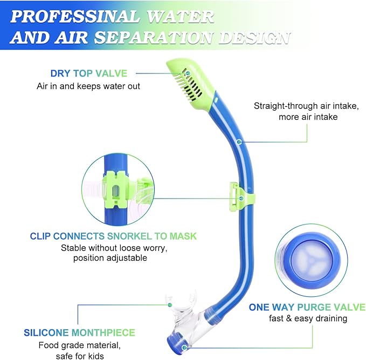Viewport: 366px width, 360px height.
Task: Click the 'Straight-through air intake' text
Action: (x=306, y=106)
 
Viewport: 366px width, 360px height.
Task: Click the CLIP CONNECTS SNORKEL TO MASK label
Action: (x=113, y=236)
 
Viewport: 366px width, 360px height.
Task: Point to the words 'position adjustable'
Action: (x=109, y=258)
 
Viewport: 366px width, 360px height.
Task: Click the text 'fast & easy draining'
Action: (x=308, y=318)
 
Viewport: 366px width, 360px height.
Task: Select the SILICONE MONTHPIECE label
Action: (x=79, y=332)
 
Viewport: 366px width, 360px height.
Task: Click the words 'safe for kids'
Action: (x=80, y=355)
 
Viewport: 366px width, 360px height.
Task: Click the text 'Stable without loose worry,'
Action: (x=113, y=248)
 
